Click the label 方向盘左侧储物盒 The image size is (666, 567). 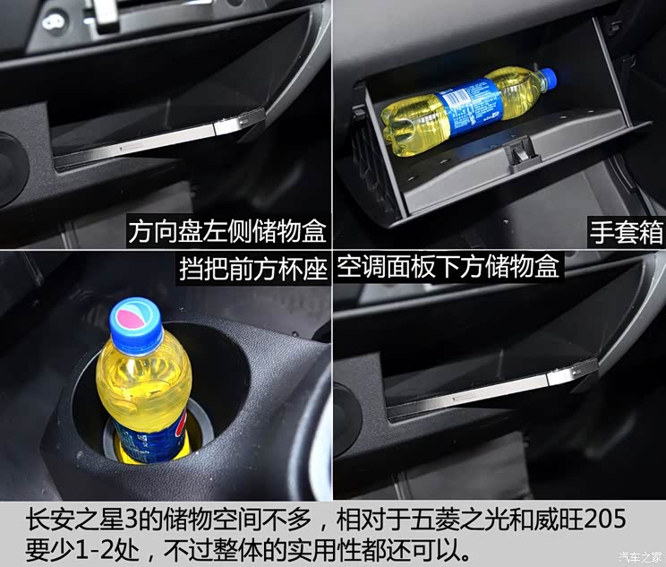click(226, 233)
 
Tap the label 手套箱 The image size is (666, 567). click(626, 233)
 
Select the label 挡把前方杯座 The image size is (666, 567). click(253, 268)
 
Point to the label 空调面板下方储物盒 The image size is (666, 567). click(448, 268)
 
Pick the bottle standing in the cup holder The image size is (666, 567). click(143, 385)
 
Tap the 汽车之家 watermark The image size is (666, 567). click(636, 557)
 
